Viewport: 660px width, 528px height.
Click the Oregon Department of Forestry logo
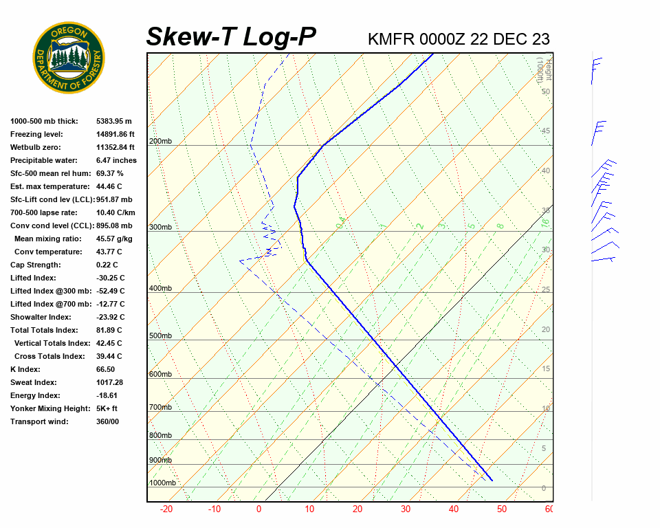tap(69, 58)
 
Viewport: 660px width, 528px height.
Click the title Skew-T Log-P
tap(231, 37)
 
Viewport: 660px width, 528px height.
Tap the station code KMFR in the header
tap(390, 39)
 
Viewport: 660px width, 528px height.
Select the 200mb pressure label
tap(160, 142)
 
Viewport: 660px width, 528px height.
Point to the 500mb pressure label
tap(160, 336)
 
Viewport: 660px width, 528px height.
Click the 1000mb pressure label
tap(162, 483)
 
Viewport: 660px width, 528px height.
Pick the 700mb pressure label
tap(160, 408)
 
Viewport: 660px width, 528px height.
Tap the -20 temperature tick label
tap(166, 509)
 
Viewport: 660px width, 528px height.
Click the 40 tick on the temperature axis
tap(454, 509)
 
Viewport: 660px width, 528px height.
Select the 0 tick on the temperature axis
tap(259, 509)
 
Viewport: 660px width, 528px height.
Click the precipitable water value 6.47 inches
tap(116, 160)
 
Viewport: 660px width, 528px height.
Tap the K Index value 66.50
tap(105, 369)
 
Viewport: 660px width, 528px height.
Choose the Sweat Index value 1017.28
tap(109, 382)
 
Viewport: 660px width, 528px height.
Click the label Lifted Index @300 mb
tap(50, 291)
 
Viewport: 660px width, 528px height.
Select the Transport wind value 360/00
tap(107, 421)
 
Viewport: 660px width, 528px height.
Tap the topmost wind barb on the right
tap(595, 69)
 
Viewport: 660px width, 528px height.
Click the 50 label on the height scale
tap(545, 91)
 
